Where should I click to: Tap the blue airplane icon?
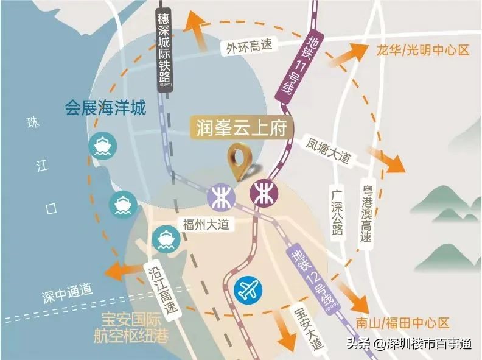248,291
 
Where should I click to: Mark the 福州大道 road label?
206,224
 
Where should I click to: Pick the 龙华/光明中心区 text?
420,50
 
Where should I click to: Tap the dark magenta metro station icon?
264,194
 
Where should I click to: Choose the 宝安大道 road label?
300,328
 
